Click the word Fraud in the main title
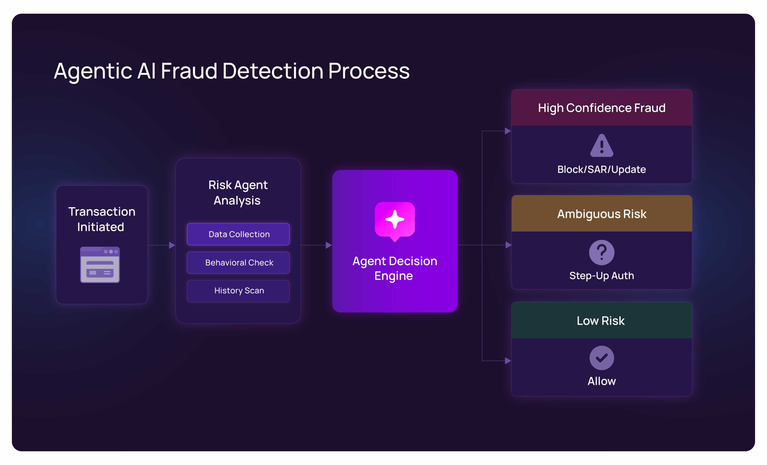(x=189, y=71)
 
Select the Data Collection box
(x=238, y=234)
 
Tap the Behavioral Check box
(x=238, y=263)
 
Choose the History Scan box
(x=238, y=291)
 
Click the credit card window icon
(x=100, y=265)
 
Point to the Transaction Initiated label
(x=102, y=219)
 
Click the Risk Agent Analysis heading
(x=238, y=192)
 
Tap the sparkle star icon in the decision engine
(x=395, y=219)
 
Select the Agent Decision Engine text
(x=394, y=268)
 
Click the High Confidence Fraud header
(x=601, y=108)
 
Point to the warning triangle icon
(x=601, y=146)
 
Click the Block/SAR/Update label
(x=601, y=169)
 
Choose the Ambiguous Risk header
(x=601, y=214)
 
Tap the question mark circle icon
(x=601, y=252)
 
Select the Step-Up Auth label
(x=601, y=276)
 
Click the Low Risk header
(x=601, y=320)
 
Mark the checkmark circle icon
(x=601, y=358)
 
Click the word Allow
(x=601, y=381)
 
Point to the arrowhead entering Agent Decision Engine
(x=328, y=246)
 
